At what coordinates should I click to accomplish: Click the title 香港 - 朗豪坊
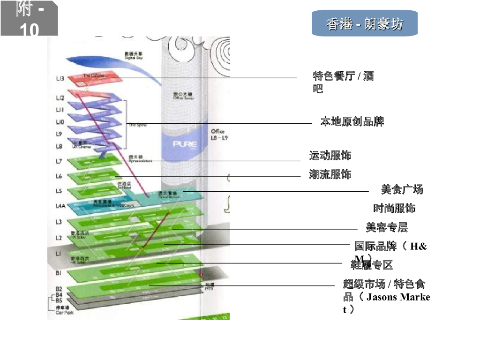[x=364, y=24]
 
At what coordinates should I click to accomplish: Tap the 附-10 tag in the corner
[x=29, y=19]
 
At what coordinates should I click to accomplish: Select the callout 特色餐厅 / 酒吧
[x=343, y=82]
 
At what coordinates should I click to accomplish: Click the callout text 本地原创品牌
[x=352, y=122]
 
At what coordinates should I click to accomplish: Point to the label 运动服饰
[x=330, y=155]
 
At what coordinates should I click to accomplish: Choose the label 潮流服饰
[x=330, y=175]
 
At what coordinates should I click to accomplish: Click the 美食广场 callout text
[x=402, y=189]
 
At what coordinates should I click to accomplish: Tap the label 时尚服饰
[x=394, y=208]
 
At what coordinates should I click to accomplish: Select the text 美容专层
[x=387, y=227]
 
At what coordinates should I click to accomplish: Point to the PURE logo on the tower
[x=185, y=143]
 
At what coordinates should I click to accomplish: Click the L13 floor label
[x=60, y=78]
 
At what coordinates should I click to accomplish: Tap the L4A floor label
[x=60, y=206]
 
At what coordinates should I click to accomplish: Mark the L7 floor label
[x=59, y=161]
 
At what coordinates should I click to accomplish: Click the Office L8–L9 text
[x=218, y=135]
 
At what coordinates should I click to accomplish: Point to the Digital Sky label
[x=134, y=56]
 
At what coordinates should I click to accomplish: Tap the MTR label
[x=210, y=287]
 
